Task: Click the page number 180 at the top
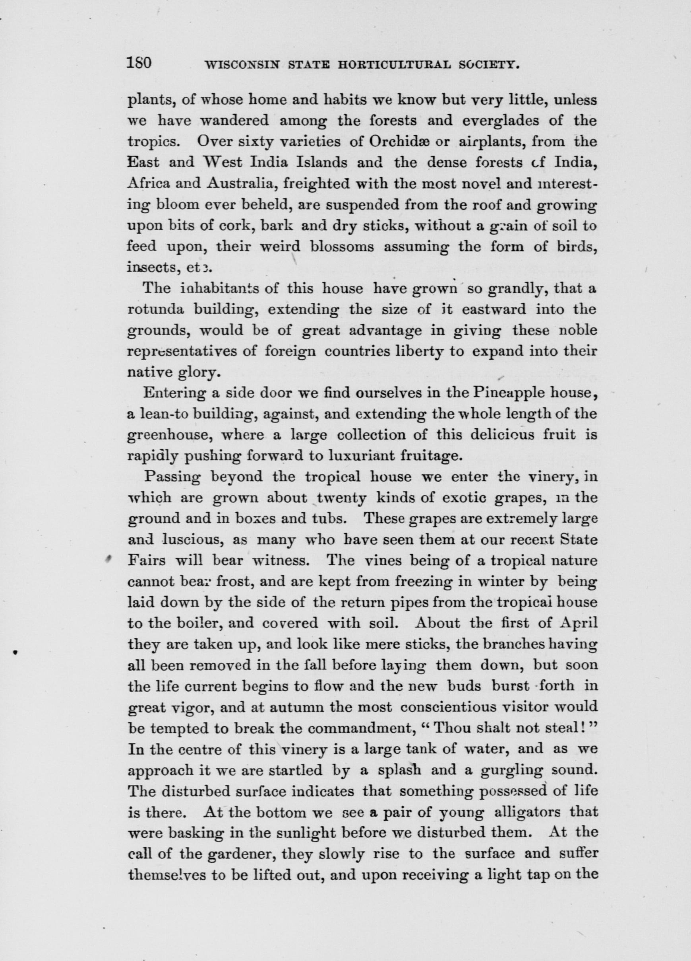click(139, 64)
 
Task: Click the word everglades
click(500, 121)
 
